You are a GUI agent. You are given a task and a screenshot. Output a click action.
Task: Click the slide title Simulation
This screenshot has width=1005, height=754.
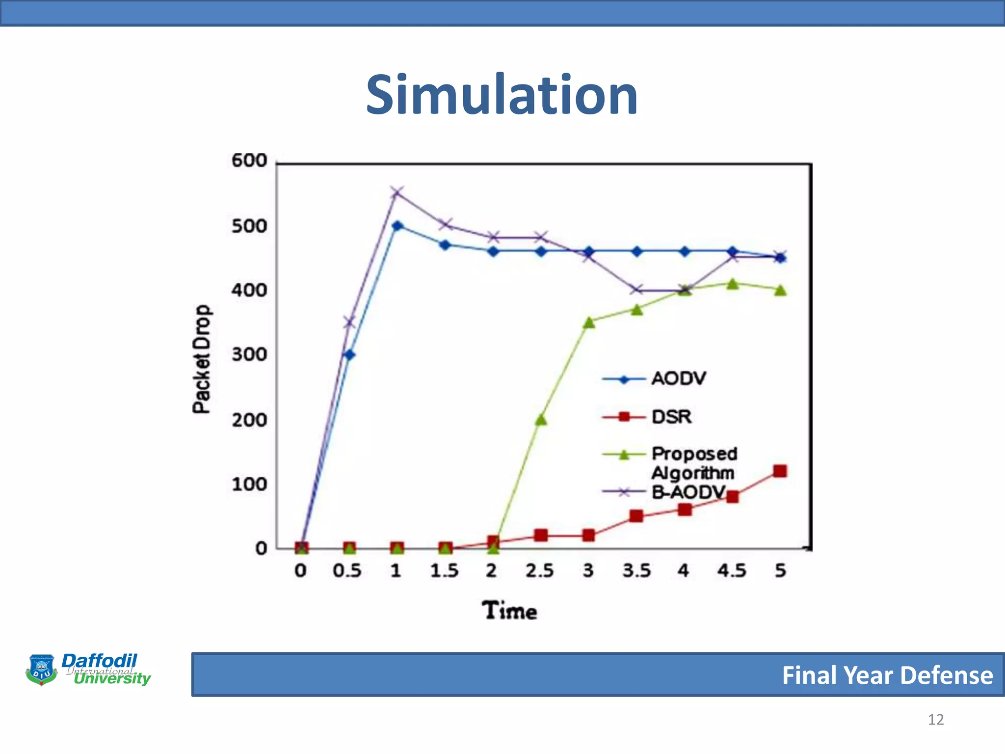click(502, 95)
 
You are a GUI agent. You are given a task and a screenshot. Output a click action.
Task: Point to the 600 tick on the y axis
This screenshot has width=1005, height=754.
click(249, 161)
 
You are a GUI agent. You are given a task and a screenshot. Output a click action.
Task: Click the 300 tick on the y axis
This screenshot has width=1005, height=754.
click(249, 354)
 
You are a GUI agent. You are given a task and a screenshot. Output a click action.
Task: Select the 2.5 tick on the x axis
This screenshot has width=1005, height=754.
click(539, 571)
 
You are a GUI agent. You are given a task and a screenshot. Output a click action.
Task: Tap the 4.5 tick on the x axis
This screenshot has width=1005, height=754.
click(732, 571)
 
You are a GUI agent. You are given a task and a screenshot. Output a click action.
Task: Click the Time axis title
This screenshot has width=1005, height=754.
click(509, 611)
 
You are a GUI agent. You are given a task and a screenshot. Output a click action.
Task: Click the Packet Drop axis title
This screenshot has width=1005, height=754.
click(201, 359)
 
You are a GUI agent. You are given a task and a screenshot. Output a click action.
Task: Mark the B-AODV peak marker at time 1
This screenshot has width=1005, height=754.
click(397, 192)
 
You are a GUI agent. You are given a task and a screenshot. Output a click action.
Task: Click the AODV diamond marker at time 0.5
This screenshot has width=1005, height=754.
click(349, 354)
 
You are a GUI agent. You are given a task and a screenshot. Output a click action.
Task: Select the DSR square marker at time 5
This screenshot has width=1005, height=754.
click(780, 471)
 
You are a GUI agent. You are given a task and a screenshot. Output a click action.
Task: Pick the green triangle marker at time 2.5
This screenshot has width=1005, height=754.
click(541, 420)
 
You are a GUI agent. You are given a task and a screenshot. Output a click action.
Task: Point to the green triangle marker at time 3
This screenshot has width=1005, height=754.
click(589, 323)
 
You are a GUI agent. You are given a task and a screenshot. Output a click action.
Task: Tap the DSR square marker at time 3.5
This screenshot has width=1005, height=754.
click(636, 516)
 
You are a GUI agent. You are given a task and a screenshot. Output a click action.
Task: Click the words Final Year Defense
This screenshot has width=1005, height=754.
click(887, 675)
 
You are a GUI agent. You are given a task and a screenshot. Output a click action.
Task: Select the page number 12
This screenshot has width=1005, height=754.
click(935, 720)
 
